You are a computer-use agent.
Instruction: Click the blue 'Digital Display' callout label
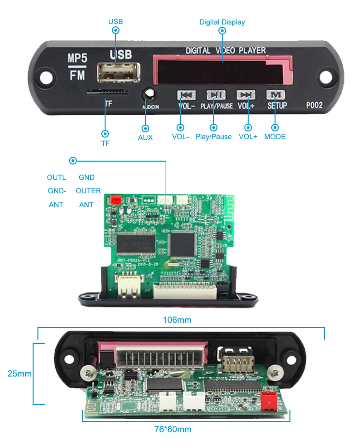pyautogui.click(x=222, y=22)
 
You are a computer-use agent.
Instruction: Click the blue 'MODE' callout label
pyautogui.click(x=275, y=137)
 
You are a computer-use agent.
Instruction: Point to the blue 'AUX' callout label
pyautogui.click(x=145, y=138)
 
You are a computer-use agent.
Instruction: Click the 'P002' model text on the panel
pyautogui.click(x=315, y=106)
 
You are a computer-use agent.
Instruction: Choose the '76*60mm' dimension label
pyautogui.click(x=173, y=429)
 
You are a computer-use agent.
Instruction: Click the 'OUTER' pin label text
pyautogui.click(x=88, y=191)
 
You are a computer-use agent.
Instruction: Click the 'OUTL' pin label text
pyautogui.click(x=56, y=177)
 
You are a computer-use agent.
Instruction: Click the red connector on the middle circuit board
pyautogui.click(x=116, y=200)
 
